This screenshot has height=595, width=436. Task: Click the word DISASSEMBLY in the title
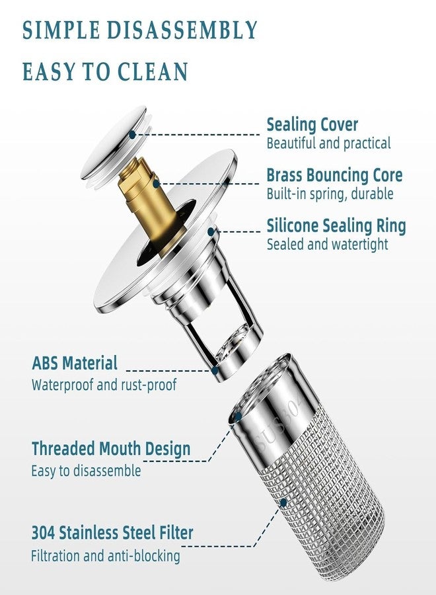click(x=182, y=30)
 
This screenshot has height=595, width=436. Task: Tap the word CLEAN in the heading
click(x=153, y=71)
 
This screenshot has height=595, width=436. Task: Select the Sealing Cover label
click(x=312, y=125)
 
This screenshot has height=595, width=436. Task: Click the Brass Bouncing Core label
click(x=334, y=175)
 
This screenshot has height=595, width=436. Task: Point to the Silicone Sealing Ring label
click(x=336, y=226)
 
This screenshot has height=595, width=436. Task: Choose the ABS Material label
click(x=75, y=363)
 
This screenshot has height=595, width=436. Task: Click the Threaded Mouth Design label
click(x=111, y=448)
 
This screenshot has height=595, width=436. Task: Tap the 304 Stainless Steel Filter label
click(x=112, y=532)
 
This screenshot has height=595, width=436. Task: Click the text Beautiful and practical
click(x=328, y=143)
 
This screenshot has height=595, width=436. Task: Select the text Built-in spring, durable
click(x=330, y=194)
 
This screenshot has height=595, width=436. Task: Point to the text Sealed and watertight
click(x=328, y=244)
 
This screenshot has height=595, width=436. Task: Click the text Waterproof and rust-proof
click(x=104, y=385)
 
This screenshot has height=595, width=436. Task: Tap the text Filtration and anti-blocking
click(x=106, y=556)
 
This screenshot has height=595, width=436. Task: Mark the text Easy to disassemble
click(x=86, y=471)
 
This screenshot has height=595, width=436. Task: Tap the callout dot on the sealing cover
click(x=132, y=134)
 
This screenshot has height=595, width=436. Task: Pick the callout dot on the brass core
click(x=156, y=184)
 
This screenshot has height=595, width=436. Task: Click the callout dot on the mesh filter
click(x=283, y=503)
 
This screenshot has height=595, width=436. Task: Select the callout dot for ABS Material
click(x=215, y=370)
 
